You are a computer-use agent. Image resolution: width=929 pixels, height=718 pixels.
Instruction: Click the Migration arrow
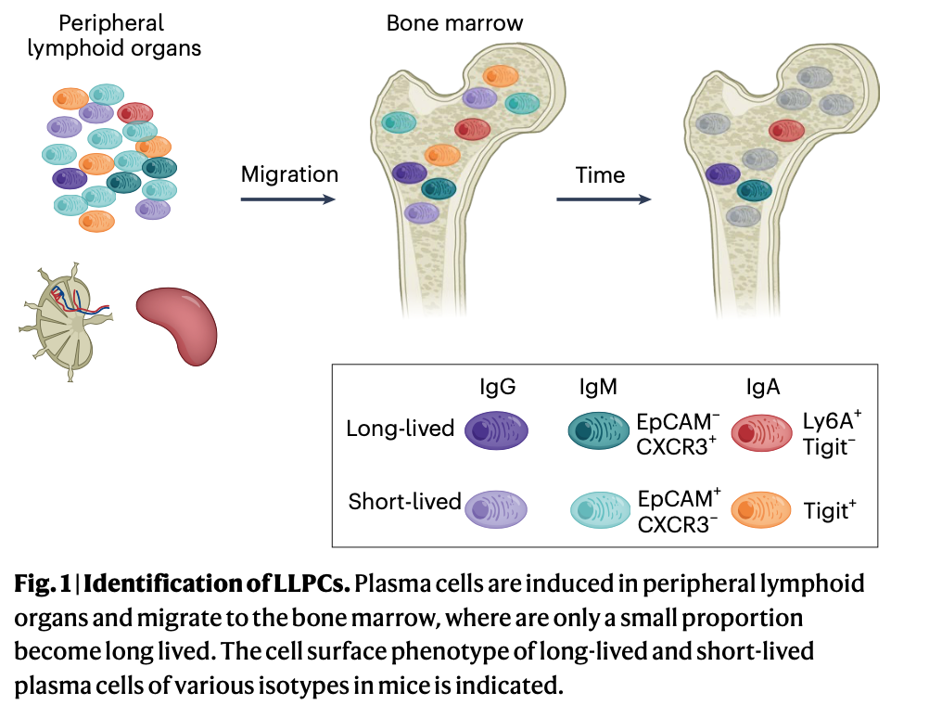(x=287, y=199)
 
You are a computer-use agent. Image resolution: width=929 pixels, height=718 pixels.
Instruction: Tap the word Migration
(x=289, y=174)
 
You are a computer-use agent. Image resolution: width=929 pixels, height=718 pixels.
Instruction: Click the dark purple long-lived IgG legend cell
(x=495, y=430)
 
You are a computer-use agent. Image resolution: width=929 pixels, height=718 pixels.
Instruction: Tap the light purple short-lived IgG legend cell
(x=495, y=508)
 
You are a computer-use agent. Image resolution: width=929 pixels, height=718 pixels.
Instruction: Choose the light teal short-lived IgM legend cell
(x=599, y=509)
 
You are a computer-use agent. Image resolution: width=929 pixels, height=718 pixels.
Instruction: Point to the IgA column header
(x=762, y=386)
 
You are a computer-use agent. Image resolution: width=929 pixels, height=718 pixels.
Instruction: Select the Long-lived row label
(x=400, y=430)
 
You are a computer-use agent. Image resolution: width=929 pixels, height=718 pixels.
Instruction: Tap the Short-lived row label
(x=404, y=503)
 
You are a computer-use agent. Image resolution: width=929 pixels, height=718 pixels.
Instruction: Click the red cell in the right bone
(x=786, y=129)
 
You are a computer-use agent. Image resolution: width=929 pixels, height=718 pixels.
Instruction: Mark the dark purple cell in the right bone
(x=723, y=172)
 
